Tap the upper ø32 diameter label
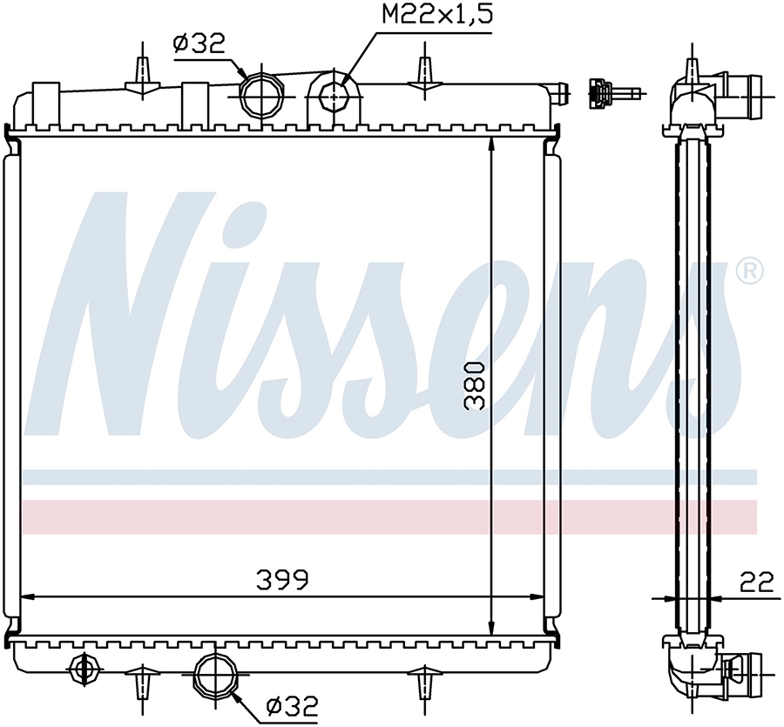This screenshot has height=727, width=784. (x=199, y=44)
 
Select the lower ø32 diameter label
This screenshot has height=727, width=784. (x=292, y=706)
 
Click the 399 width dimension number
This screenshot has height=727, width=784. (x=283, y=580)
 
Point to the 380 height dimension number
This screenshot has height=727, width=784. (x=475, y=387)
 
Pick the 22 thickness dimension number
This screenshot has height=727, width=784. (x=757, y=582)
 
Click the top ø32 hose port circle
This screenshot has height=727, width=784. (x=260, y=93)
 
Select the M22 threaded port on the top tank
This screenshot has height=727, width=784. (x=334, y=95)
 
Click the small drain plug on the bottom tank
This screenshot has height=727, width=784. (x=83, y=668)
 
